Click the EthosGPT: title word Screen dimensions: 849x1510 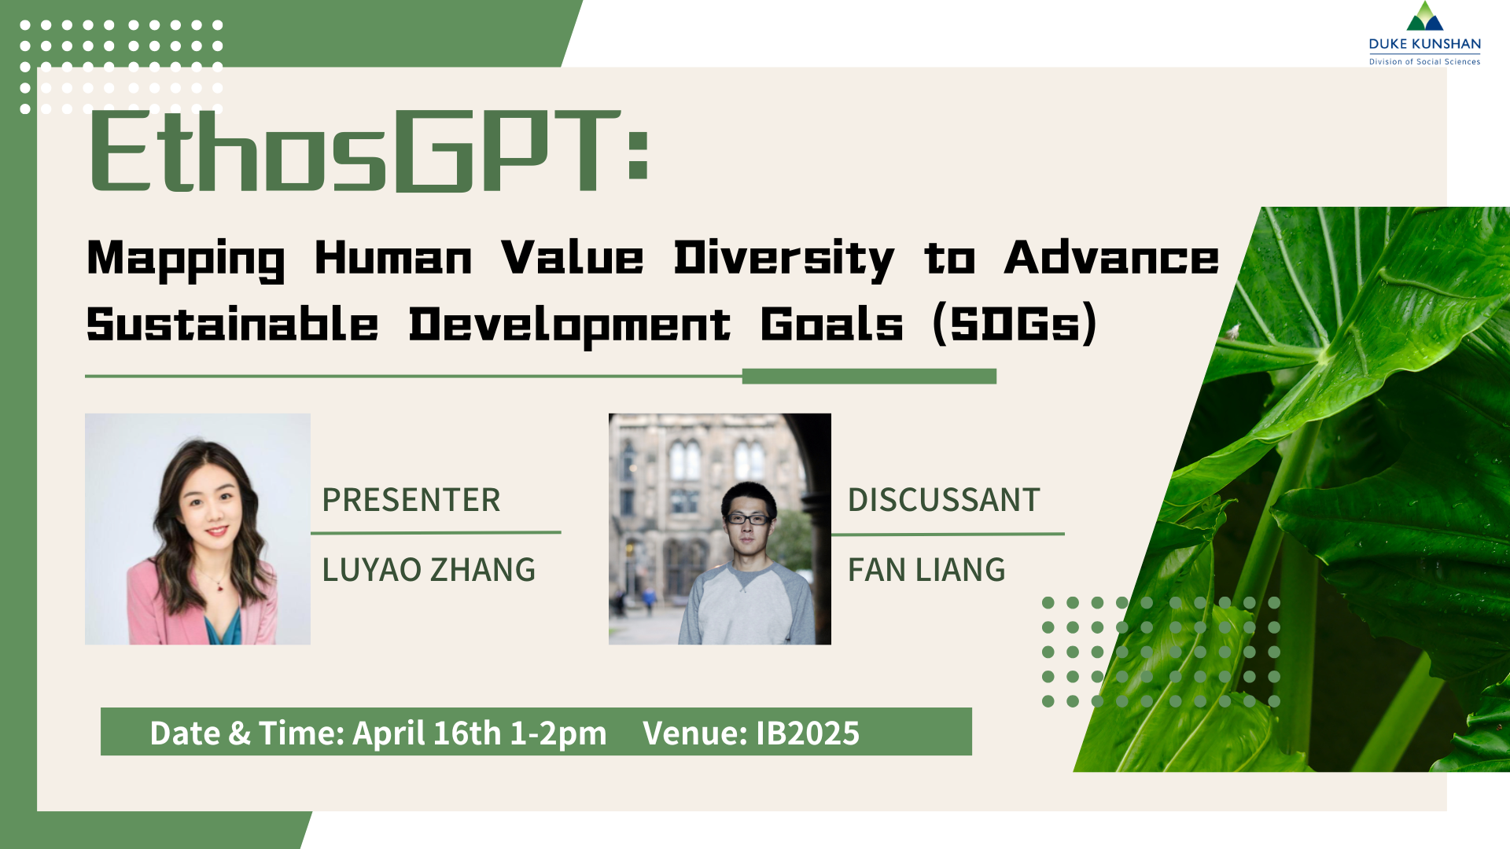tap(368, 151)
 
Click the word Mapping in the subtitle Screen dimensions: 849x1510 tap(186, 259)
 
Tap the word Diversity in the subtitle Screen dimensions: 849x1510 tap(783, 259)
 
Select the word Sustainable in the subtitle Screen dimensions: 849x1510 tap(232, 324)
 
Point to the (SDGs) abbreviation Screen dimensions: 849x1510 tap(1015, 324)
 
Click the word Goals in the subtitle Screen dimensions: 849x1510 tap(831, 324)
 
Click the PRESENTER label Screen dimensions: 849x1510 tap(411, 500)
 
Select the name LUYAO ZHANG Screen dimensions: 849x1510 tap(429, 570)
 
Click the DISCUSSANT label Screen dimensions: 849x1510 tap(944, 500)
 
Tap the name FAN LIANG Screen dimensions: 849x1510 tap(926, 570)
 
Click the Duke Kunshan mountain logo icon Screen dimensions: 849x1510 tap(1424, 17)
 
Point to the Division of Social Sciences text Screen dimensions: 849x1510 tap(1424, 61)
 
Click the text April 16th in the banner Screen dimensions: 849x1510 tap(426, 733)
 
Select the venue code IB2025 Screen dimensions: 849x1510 tap(807, 733)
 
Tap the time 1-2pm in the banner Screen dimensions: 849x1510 tap(558, 733)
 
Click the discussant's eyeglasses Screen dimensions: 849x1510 tap(747, 519)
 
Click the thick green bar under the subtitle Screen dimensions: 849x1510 tap(869, 377)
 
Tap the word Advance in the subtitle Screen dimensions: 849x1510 tap(1111, 259)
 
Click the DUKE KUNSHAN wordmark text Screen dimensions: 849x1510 tap(1424, 44)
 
